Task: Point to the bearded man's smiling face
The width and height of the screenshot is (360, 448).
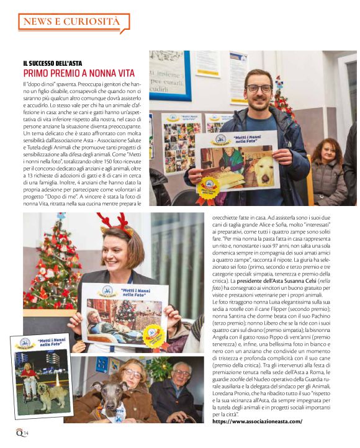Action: click(x=259, y=93)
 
